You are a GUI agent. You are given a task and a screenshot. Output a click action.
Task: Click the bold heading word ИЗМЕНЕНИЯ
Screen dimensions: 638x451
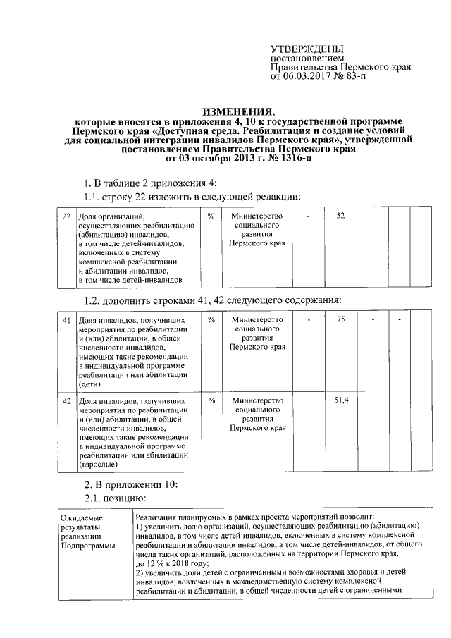coord(239,112)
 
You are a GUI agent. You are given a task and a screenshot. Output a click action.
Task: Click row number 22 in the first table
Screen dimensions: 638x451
coord(66,215)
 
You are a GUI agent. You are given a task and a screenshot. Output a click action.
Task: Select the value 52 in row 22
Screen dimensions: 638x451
coord(340,215)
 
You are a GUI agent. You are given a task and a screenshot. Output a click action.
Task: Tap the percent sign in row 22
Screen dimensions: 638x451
coord(211,215)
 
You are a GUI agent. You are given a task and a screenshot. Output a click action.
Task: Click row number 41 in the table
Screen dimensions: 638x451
coord(66,321)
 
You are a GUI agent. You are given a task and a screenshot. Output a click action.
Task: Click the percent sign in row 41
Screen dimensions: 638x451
coord(211,321)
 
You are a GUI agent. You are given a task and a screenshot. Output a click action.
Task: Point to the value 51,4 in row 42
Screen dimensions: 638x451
coord(340,400)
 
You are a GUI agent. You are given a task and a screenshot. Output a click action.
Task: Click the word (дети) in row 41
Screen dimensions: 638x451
coord(89,385)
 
